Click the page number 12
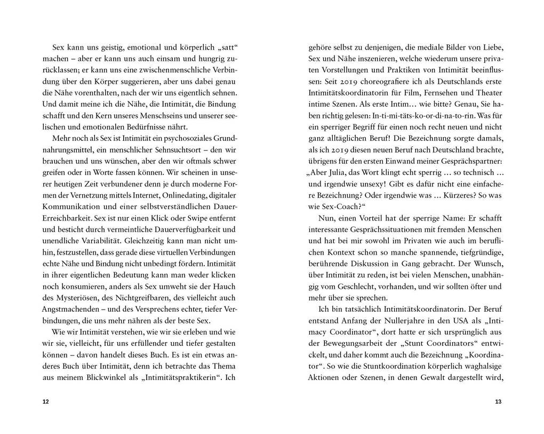[45, 402]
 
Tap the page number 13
[498, 402]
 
